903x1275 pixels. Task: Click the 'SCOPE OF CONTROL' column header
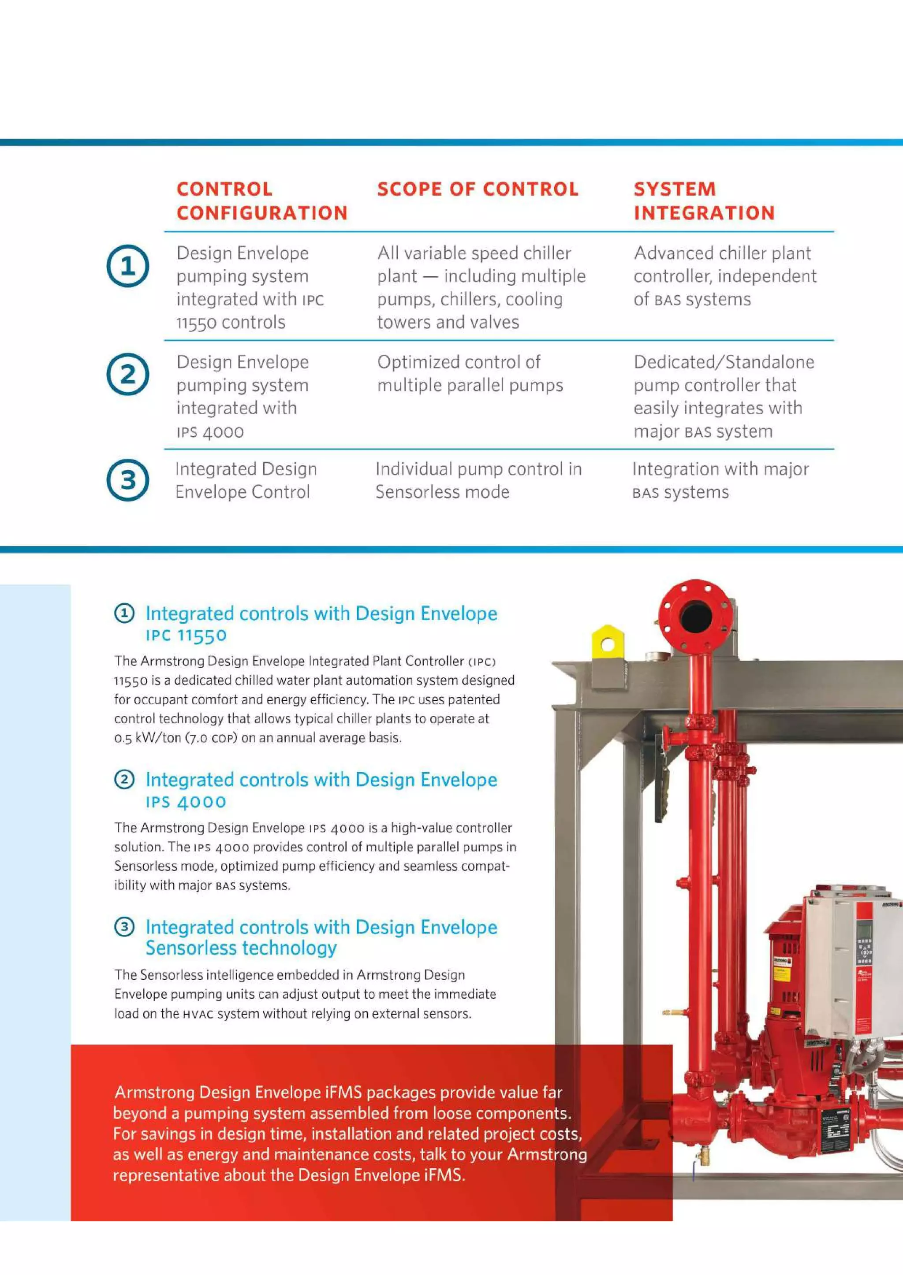tap(478, 190)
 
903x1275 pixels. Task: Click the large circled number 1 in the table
tap(128, 266)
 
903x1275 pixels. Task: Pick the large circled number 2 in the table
tap(128, 375)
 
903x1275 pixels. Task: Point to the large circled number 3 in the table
tap(128, 480)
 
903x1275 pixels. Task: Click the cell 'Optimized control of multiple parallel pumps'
tap(470, 373)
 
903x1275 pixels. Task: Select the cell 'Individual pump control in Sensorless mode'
tap(478, 480)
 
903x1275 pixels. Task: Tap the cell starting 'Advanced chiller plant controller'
tap(724, 276)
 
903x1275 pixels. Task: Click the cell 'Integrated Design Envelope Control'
tap(245, 480)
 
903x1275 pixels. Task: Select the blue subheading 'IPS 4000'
tap(186, 802)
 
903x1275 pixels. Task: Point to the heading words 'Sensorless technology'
tap(241, 948)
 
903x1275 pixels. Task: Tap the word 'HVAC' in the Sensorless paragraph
tap(198, 1014)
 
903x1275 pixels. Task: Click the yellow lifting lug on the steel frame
tap(607, 645)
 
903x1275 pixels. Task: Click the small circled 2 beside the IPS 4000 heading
tap(124, 780)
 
